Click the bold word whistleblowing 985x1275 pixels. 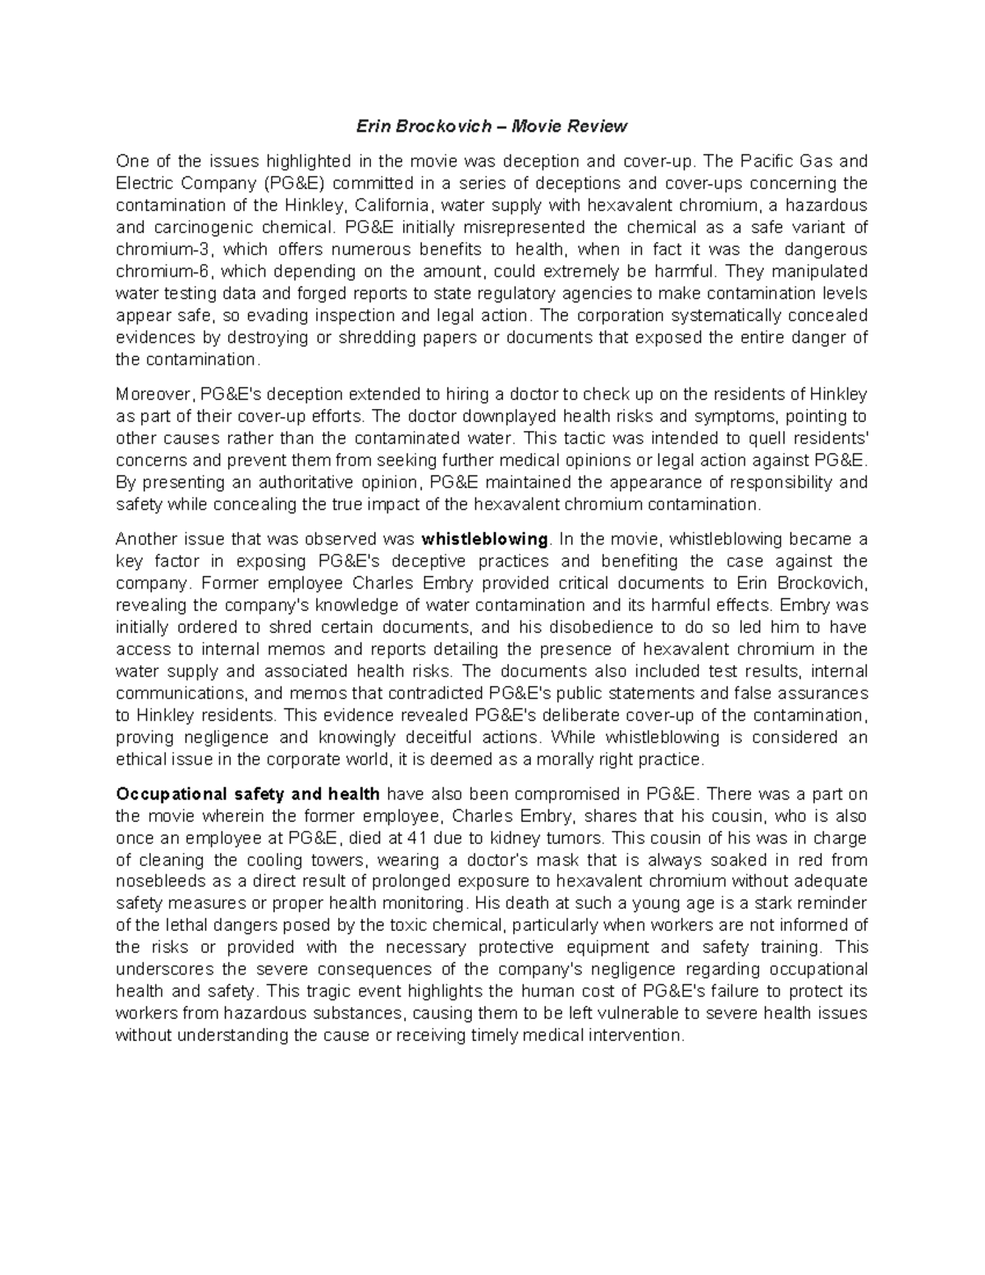(x=484, y=539)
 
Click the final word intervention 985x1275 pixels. (x=635, y=1036)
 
